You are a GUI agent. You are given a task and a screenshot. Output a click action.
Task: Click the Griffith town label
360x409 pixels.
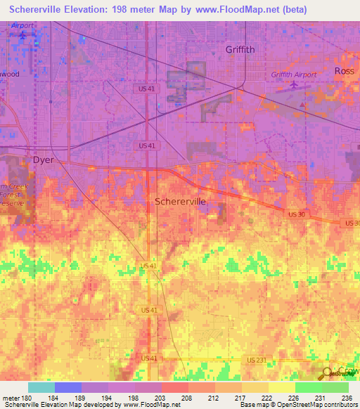pyautogui.click(x=240, y=49)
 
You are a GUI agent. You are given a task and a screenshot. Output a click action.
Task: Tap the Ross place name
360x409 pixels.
pyautogui.click(x=345, y=71)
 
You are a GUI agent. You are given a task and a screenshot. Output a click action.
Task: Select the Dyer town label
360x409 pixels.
pyautogui.click(x=44, y=160)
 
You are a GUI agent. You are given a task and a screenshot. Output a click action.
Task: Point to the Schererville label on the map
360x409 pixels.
pyautogui.click(x=181, y=201)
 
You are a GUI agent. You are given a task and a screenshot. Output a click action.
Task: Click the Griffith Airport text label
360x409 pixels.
pyautogui.click(x=294, y=74)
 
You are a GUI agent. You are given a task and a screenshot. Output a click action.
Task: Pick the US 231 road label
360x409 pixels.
pyautogui.click(x=257, y=358)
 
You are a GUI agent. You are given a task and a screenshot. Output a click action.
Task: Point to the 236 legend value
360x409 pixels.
pyautogui.click(x=345, y=398)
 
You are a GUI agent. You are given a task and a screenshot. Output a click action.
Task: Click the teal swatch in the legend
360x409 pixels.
pyautogui.click(x=41, y=387)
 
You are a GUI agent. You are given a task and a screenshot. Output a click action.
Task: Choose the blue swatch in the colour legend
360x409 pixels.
pyautogui.click(x=67, y=387)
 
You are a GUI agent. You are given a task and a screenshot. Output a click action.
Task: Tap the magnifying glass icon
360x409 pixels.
pyautogui.click(x=328, y=373)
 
